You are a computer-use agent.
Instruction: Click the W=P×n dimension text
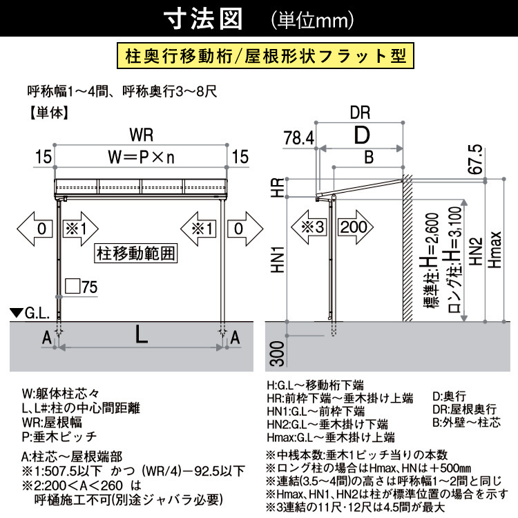pos(142,157)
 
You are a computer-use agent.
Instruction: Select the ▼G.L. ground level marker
pos(29,314)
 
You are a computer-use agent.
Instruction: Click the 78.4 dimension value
pos(298,139)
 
